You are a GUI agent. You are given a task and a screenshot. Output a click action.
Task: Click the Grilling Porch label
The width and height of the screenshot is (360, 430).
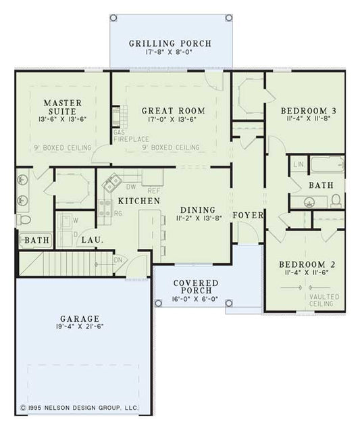pos(170,43)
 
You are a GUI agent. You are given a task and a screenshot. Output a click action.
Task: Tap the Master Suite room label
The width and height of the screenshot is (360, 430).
pos(59,107)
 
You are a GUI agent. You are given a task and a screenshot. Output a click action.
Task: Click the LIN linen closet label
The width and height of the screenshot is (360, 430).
pos(298,164)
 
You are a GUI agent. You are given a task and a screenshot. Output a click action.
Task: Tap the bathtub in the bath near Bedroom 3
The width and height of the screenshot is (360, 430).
pos(326,166)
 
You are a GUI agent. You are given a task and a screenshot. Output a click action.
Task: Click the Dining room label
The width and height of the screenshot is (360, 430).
pos(197,210)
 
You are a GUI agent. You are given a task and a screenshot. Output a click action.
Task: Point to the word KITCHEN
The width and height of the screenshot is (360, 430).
pos(139,201)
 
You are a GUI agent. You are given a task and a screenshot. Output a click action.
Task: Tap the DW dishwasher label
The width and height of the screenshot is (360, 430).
pos(131,187)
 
